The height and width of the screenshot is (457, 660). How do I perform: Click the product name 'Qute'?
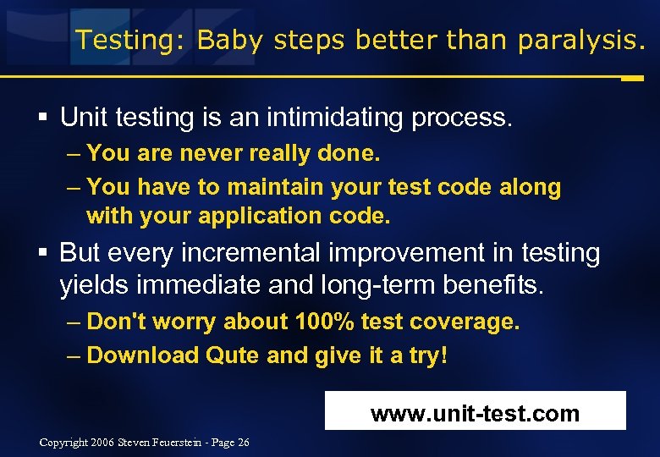click(233, 355)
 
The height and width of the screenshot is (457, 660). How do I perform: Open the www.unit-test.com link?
click(475, 414)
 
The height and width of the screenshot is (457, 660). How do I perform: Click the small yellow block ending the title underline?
click(631, 78)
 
